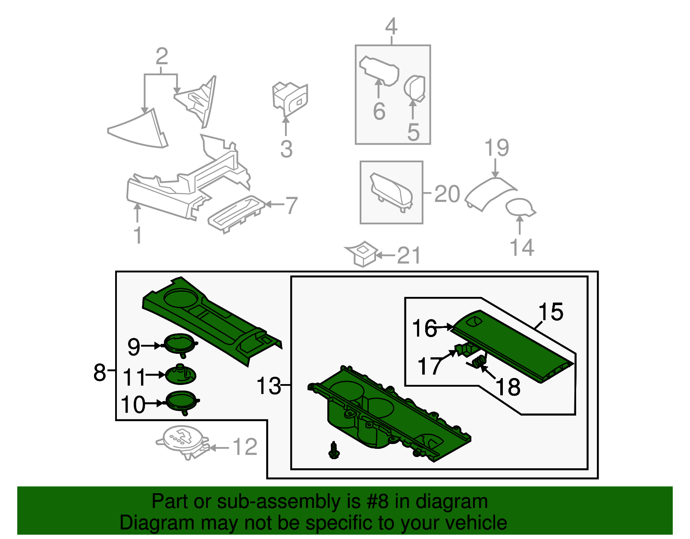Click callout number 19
tap(497, 148)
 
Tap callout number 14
tap(522, 248)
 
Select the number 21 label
tap(408, 256)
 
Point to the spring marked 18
tap(478, 362)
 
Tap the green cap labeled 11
tap(181, 374)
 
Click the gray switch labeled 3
tap(290, 98)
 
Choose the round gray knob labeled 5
tap(415, 88)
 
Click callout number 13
tap(268, 386)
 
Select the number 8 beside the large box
tap(100, 372)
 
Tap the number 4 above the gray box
tap(391, 27)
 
